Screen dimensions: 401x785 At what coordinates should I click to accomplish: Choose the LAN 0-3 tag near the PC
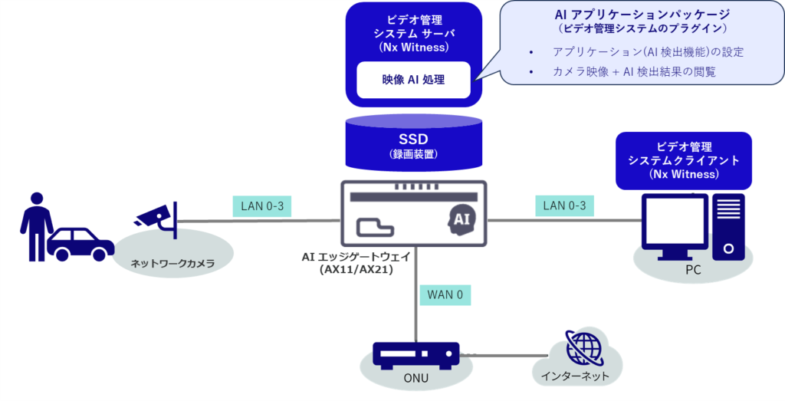[563, 205]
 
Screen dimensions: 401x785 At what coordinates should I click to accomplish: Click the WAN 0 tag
[445, 293]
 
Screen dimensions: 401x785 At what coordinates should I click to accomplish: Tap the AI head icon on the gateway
[460, 220]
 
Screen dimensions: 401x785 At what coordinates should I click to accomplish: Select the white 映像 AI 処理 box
[413, 79]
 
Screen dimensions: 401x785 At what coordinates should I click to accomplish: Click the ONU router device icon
[415, 355]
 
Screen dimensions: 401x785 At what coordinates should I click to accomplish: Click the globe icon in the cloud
[579, 347]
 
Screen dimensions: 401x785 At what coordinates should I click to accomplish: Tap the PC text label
[694, 270]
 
